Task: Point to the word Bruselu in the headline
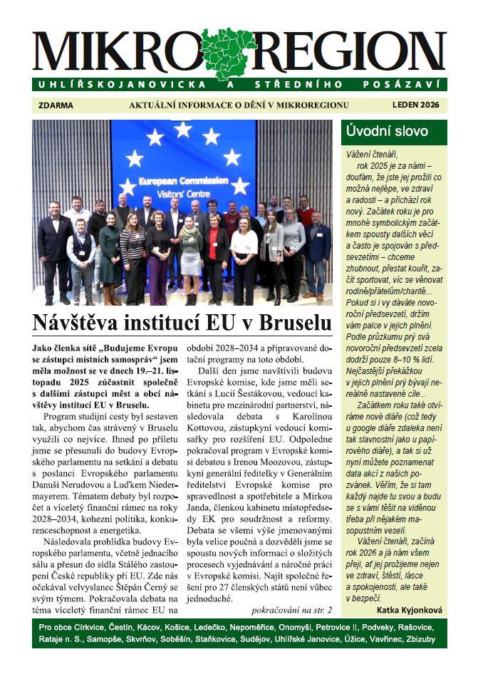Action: [294, 322]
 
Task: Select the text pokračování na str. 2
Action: [291, 609]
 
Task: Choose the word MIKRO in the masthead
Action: [114, 52]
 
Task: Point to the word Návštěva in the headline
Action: [78, 322]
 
